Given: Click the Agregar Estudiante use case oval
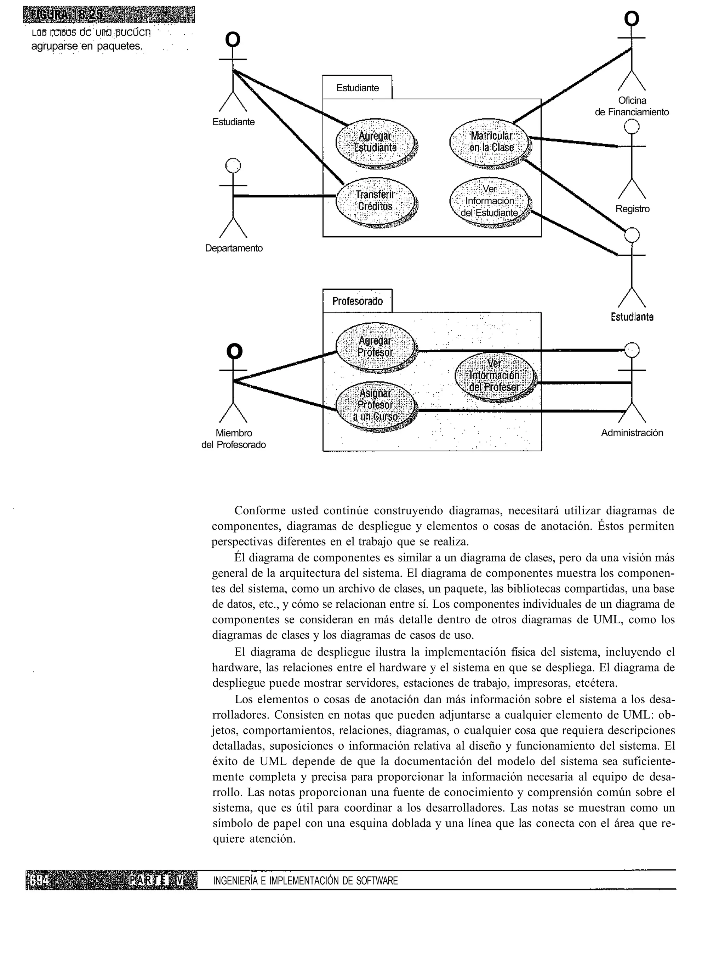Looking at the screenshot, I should tap(375, 142).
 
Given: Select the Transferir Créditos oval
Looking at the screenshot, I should tap(375, 201).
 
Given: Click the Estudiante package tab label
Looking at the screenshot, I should tap(357, 88).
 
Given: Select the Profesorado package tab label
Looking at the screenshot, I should tap(357, 301).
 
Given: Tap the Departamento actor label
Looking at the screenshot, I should tap(234, 248).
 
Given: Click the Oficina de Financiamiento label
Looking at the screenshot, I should tap(632, 106).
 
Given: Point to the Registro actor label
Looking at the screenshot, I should tap(632, 209).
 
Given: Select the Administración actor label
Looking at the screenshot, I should tap(632, 433).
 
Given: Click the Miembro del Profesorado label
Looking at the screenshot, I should tap(234, 439).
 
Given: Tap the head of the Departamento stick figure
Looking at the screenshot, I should tap(233, 166).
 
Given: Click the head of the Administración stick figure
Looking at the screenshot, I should tap(632, 350).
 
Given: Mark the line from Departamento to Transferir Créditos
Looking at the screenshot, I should tap(285, 196).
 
